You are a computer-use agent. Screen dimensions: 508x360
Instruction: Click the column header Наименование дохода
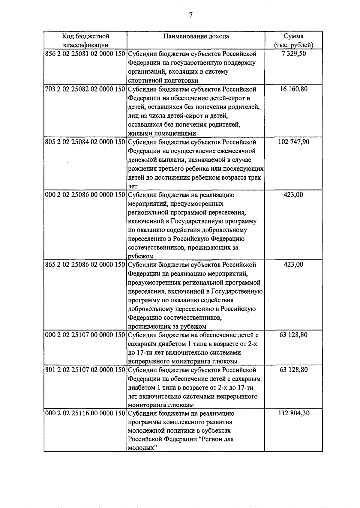click(x=196, y=36)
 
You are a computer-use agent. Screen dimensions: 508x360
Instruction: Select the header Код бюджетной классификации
click(x=85, y=40)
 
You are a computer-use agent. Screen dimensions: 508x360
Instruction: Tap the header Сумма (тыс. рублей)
click(x=293, y=40)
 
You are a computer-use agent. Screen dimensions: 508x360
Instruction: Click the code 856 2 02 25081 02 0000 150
click(x=85, y=54)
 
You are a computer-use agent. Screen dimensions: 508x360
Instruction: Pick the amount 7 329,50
click(x=293, y=54)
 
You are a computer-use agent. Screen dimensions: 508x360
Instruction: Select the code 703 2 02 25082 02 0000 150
click(x=85, y=89)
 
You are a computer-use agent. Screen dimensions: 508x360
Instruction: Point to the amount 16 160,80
click(x=293, y=89)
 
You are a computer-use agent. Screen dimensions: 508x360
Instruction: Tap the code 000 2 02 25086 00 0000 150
click(x=85, y=195)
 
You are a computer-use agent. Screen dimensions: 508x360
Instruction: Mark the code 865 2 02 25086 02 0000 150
click(x=85, y=265)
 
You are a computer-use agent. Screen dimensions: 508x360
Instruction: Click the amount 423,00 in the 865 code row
click(x=293, y=265)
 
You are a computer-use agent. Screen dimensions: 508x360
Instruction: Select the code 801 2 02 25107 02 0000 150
click(x=85, y=370)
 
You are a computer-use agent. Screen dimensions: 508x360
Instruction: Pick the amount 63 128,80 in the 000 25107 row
click(x=293, y=335)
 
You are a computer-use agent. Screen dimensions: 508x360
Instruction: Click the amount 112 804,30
click(x=293, y=414)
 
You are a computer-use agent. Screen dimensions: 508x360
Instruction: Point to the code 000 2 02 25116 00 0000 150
click(x=85, y=414)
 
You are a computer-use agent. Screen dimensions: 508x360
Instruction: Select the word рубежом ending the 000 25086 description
click(x=141, y=256)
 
